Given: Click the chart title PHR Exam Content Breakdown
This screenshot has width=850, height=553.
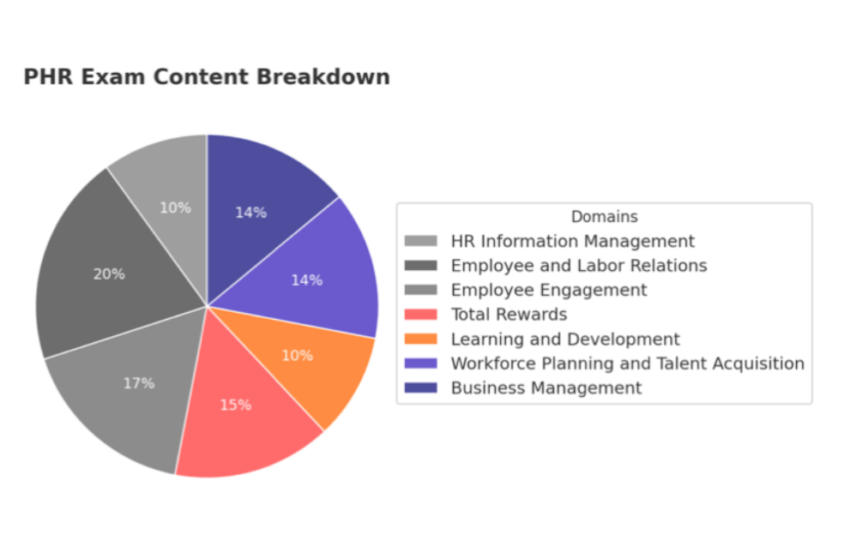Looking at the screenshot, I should coord(206,77).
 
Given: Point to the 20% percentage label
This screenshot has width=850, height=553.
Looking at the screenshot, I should coord(109,274).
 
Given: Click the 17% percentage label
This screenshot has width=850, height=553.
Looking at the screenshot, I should coord(138,383).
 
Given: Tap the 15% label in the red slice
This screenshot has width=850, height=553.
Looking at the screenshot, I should coord(235,405).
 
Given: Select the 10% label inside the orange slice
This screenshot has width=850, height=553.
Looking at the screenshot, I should coord(297,355).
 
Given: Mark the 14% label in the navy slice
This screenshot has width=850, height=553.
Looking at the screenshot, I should coord(251,213).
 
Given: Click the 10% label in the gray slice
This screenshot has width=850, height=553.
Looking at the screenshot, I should coord(175,207).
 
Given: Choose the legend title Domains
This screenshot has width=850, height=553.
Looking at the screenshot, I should coord(604,217).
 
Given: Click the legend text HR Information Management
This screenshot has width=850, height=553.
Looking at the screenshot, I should coord(572,242).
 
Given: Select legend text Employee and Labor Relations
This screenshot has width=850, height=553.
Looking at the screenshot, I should coord(578,266).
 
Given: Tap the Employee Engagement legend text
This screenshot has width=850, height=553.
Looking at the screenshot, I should coord(549,291).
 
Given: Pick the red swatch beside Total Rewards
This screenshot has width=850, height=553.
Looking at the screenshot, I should coord(420,315).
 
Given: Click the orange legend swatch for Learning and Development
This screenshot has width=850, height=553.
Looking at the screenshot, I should coord(420,340).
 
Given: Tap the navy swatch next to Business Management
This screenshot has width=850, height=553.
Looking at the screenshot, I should coord(420,388).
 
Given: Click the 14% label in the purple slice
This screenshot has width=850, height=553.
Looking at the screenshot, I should coord(306,280).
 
